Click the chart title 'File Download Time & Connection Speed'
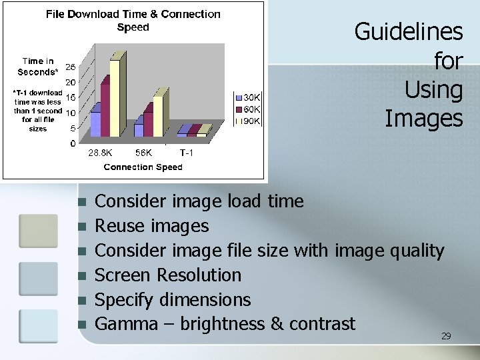click(133, 21)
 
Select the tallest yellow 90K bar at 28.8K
click(115, 97)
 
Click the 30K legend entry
click(247, 97)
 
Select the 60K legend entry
click(247, 109)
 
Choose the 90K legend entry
click(247, 121)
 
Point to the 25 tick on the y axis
click(70, 67)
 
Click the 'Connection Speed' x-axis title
click(143, 167)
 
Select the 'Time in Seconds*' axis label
click(38, 67)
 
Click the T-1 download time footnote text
click(38, 111)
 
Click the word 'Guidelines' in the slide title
click(408, 31)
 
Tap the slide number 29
click(446, 336)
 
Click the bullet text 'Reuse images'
click(152, 226)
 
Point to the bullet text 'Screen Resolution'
click(168, 275)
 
